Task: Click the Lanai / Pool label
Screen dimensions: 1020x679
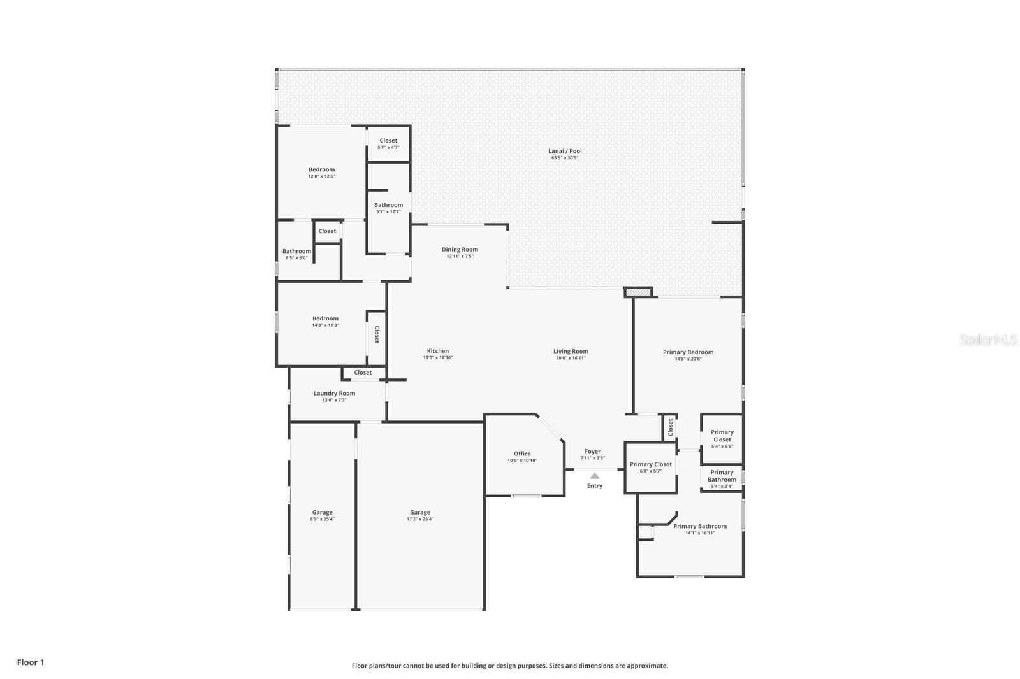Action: [565, 151]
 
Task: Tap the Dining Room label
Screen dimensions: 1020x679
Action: [460, 250]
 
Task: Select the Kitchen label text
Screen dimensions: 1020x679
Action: [437, 351]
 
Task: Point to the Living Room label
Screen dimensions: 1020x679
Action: [571, 352]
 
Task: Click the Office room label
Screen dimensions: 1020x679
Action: [522, 454]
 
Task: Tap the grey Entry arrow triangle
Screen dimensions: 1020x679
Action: [595, 476]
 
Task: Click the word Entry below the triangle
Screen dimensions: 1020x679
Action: [595, 486]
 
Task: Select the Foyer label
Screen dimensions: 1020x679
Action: [592, 452]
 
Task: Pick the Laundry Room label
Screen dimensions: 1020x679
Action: [334, 393]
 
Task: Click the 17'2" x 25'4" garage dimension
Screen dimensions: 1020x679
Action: [420, 519]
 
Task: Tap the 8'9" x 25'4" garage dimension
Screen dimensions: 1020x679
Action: [323, 519]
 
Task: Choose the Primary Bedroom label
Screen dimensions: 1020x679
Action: [688, 352]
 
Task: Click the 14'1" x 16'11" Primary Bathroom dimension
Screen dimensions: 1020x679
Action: [700, 533]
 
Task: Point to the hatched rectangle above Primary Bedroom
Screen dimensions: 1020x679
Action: [638, 292]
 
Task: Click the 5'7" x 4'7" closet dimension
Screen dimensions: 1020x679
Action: [388, 147]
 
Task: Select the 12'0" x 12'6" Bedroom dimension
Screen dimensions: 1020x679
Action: [321, 176]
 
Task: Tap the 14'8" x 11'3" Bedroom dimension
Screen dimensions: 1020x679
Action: [326, 325]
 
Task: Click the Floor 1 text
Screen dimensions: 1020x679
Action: [31, 662]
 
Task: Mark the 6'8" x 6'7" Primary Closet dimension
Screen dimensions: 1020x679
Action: [651, 471]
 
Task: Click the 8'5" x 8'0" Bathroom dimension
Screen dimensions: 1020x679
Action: [297, 258]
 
